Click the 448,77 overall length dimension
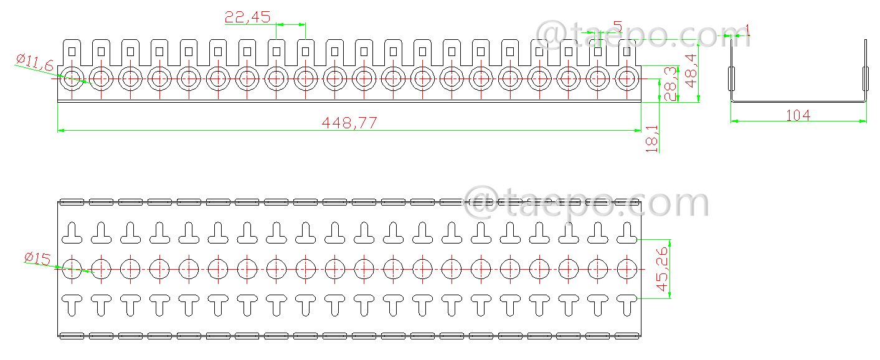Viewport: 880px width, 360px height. [x=349, y=123]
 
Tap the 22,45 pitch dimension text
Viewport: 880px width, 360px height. [x=248, y=17]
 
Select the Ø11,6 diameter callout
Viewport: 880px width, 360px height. [x=35, y=61]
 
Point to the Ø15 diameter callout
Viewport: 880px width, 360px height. [x=37, y=258]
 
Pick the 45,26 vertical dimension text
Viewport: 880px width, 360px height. [x=662, y=270]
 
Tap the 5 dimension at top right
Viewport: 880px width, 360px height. [x=617, y=27]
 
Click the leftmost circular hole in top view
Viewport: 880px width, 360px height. [x=72, y=78]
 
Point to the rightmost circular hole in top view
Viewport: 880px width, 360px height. [x=627, y=78]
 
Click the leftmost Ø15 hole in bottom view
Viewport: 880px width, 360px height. [x=72, y=269]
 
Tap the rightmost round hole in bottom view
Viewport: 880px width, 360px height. [x=627, y=269]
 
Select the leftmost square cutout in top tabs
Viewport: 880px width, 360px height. [x=72, y=50]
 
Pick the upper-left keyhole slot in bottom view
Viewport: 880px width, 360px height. [x=72, y=233]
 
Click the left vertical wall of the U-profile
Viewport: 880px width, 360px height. [x=731, y=69]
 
